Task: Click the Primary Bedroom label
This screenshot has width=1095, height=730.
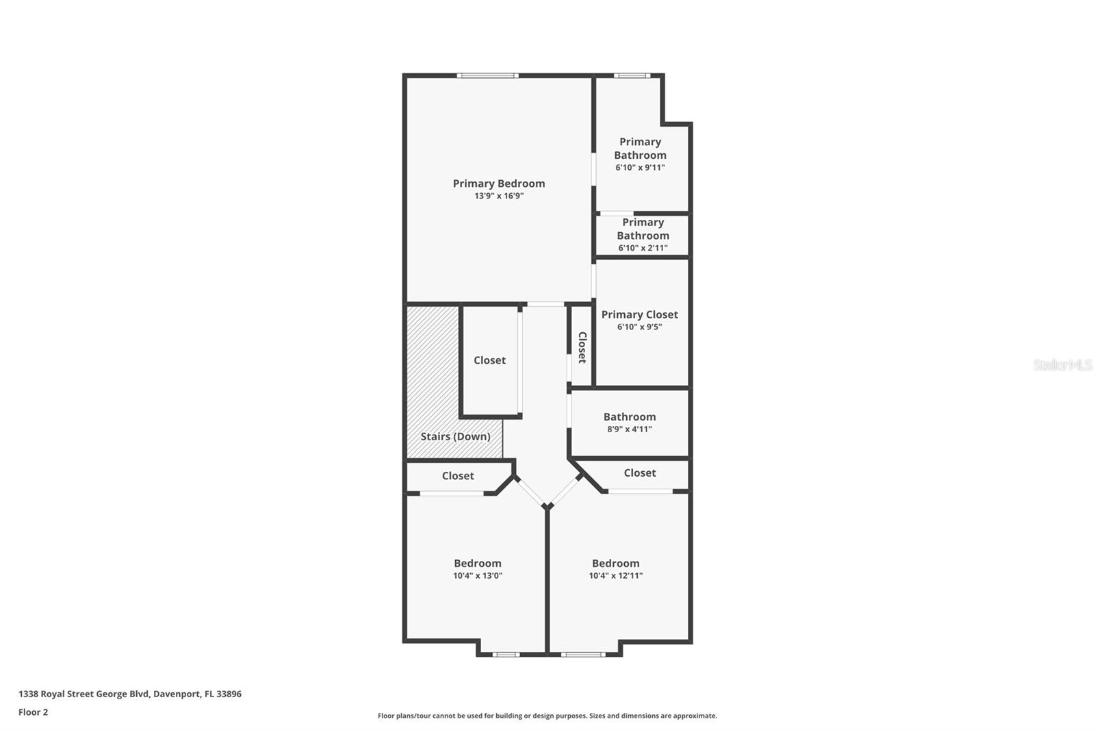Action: click(499, 184)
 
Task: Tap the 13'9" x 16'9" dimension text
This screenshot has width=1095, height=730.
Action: click(499, 196)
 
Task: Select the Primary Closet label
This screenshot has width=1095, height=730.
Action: click(639, 314)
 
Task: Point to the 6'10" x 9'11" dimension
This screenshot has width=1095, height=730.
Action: click(640, 167)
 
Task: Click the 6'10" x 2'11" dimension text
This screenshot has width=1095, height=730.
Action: click(643, 248)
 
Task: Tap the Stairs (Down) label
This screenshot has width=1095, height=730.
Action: click(455, 436)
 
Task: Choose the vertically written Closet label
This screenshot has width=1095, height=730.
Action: click(582, 347)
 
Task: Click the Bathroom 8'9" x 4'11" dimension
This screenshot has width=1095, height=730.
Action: click(630, 429)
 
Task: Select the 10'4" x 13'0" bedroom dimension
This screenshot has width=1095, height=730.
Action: click(478, 576)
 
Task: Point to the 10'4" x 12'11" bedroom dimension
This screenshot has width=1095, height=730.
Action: click(615, 576)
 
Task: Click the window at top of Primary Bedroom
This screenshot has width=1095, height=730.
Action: click(487, 75)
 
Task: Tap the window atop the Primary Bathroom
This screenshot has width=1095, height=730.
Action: click(632, 75)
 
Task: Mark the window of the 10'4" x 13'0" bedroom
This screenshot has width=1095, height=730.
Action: click(506, 654)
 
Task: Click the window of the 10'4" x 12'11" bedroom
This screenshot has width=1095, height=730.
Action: click(582, 654)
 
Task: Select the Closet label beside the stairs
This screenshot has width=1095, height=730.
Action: click(489, 360)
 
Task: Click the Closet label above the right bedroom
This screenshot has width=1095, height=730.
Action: click(639, 473)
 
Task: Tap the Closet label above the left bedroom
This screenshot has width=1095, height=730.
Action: click(458, 475)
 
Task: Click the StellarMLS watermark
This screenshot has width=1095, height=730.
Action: click(1063, 364)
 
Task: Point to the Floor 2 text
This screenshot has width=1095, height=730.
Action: click(34, 712)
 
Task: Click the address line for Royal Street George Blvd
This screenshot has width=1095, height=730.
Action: click(130, 694)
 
